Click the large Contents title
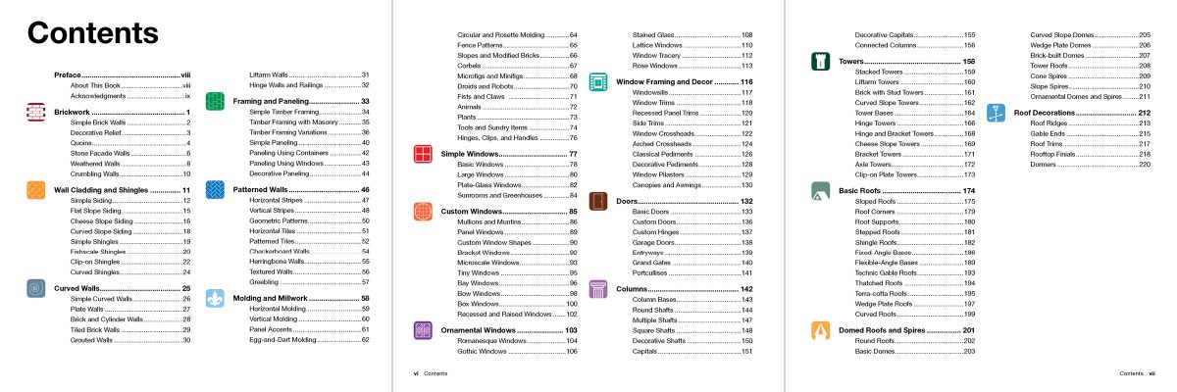[93, 33]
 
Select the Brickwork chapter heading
[75, 112]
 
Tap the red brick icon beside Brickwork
[36, 113]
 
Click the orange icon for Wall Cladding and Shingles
[36, 190]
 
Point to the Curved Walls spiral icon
[36, 289]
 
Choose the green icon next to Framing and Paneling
[216, 101]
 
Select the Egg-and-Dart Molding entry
[281, 339]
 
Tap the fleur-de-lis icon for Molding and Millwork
[216, 298]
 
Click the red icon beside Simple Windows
[424, 154]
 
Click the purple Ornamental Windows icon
[424, 330]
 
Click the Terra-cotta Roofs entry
[882, 293]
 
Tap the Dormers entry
[1043, 164]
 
